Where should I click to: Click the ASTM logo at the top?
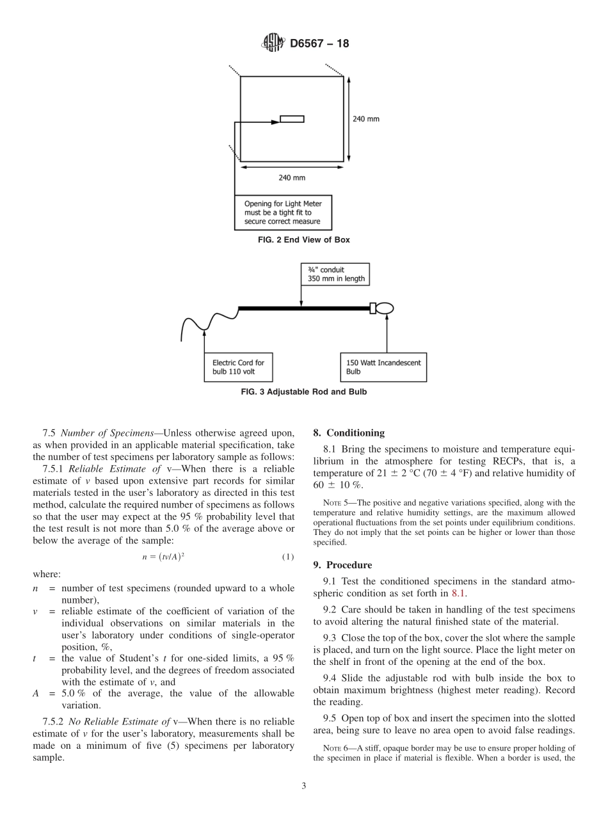[x=273, y=44]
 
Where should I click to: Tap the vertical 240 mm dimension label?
[x=366, y=119]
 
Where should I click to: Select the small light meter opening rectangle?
[x=292, y=119]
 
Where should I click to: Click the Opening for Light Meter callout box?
[x=283, y=212]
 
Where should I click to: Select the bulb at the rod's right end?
[x=383, y=308]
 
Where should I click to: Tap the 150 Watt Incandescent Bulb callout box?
[x=383, y=367]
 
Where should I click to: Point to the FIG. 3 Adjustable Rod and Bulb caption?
[x=304, y=392]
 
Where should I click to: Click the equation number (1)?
[x=287, y=557]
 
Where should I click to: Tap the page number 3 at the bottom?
[x=304, y=786]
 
